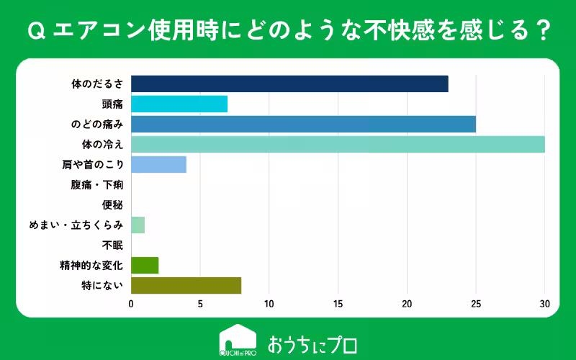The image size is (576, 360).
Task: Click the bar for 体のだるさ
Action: [289, 84]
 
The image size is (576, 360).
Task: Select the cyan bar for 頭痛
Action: [179, 104]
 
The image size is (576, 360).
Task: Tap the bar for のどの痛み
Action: [303, 124]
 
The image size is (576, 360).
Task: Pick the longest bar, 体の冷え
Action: [338, 144]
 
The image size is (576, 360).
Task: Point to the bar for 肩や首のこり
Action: [158, 164]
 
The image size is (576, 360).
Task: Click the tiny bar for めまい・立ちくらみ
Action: [138, 225]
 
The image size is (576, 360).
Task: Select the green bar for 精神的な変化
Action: [145, 265]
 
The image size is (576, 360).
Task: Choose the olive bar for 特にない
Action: [186, 285]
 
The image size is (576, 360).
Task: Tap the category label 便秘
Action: [113, 205]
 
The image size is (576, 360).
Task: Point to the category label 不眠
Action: [113, 245]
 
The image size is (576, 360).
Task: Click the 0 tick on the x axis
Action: [131, 304]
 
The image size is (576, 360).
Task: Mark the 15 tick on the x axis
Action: [338, 304]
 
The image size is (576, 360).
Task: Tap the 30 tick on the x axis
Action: [544, 304]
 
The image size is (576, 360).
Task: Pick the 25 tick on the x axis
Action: [476, 304]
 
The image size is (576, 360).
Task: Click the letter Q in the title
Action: [32, 32]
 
